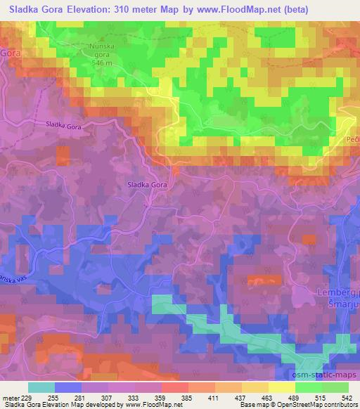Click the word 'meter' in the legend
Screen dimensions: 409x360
12,398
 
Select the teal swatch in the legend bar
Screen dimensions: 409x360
41,387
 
